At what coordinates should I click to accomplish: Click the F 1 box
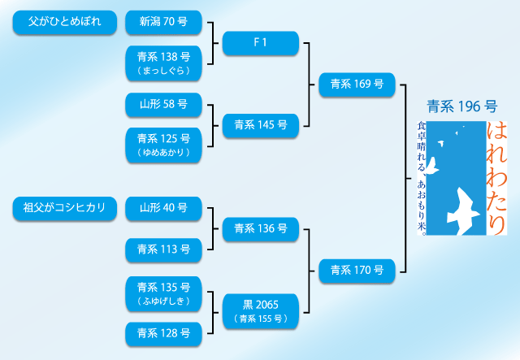260,43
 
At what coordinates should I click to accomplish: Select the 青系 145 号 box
260,125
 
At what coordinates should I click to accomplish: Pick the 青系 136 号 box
260,229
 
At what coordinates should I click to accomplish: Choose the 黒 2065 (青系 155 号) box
260,310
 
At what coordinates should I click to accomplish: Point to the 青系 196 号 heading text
461,106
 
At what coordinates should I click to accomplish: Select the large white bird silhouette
464,210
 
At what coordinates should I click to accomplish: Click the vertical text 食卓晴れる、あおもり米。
421,174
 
